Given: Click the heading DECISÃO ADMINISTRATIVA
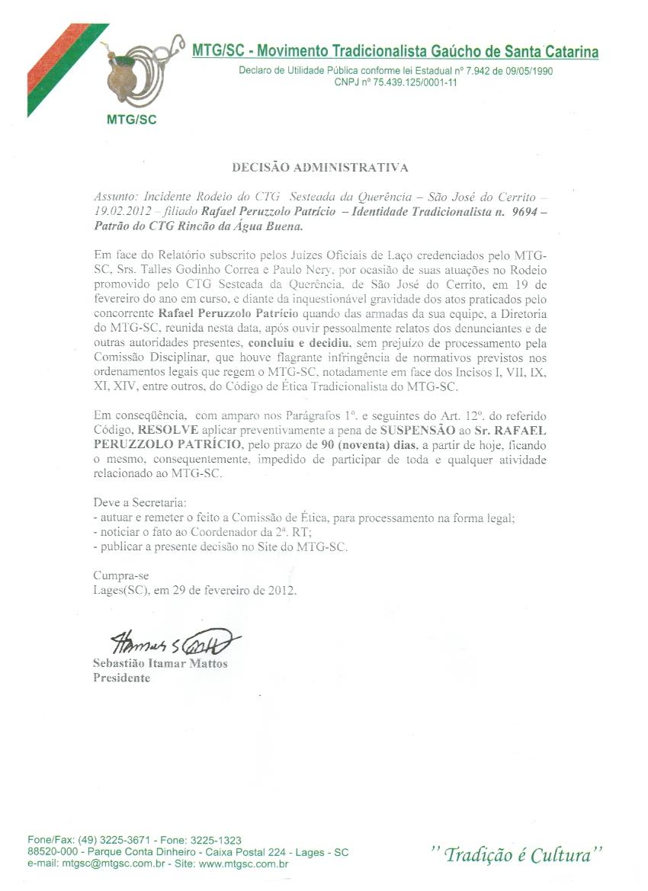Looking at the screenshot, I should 320,168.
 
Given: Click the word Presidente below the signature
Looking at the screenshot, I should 121,678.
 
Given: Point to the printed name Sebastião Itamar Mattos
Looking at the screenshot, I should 160,663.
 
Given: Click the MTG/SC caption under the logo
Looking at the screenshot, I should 132,119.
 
